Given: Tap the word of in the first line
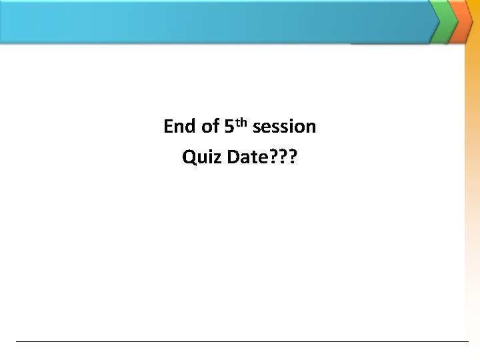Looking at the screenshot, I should point(210,126).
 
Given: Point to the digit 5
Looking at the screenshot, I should point(229,126).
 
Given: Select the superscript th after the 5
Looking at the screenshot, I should point(241,121).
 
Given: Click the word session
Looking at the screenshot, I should point(285,126).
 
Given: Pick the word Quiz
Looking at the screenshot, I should point(201,158).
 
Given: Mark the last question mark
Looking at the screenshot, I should point(293,157).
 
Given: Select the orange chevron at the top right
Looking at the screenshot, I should point(461,21).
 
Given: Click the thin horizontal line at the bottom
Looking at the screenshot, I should point(240,341).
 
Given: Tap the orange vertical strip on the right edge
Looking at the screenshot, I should point(472,200).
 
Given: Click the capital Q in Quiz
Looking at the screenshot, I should point(188,158).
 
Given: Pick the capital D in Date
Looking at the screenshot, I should point(233,157).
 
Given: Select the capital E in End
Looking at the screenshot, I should point(168,126).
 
